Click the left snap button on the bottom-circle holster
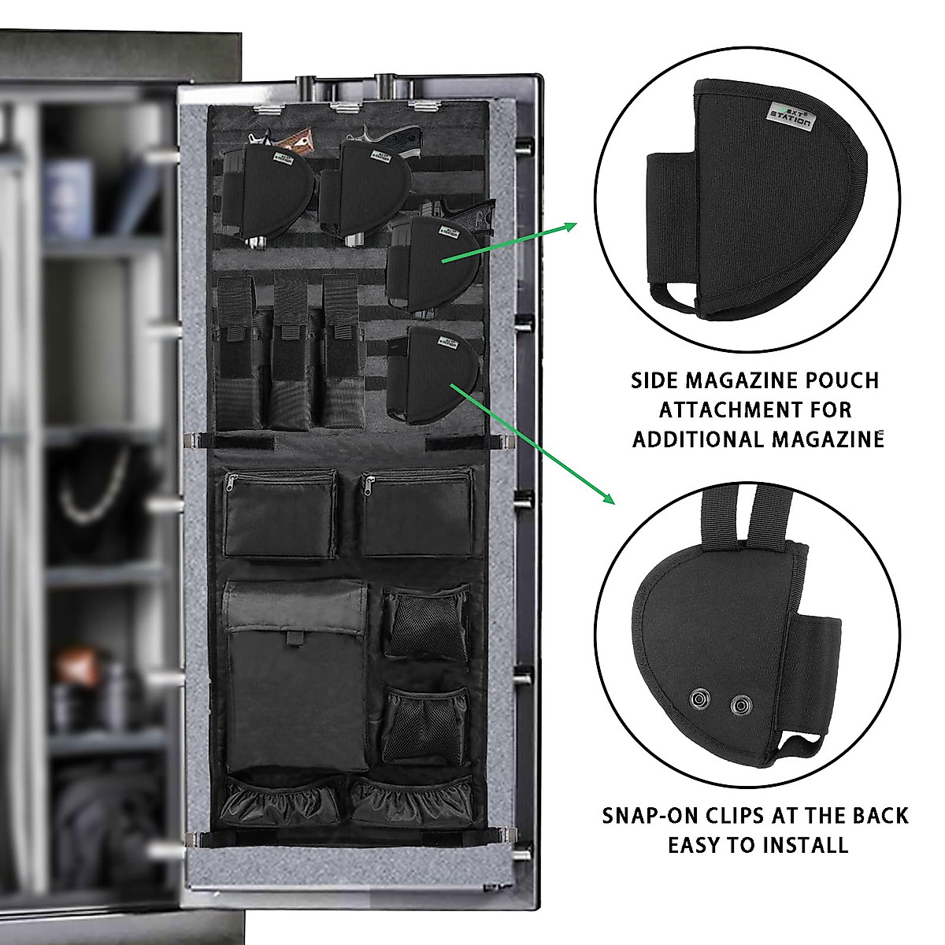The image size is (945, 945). (698, 699)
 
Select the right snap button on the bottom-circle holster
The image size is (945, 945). (739, 706)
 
